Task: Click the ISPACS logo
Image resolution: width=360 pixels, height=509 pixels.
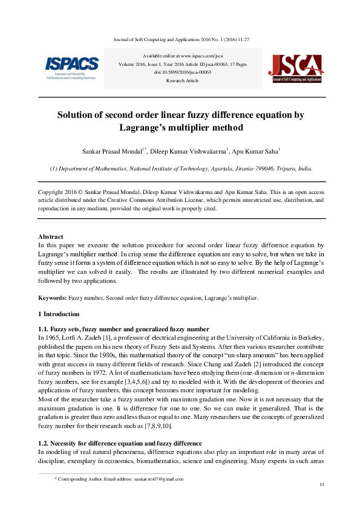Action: coord(71,67)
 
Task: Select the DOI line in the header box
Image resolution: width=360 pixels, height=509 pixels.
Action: coord(182,72)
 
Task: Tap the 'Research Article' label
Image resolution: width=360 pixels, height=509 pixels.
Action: coord(182,80)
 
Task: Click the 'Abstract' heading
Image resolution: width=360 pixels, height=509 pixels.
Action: coord(51,236)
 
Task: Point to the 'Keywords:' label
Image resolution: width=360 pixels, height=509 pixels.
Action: coord(52,299)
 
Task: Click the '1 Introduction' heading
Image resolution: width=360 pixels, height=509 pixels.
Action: coord(59,314)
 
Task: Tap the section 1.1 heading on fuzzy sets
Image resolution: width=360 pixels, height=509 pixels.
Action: coord(123,328)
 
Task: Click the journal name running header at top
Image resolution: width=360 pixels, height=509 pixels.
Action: coord(182,39)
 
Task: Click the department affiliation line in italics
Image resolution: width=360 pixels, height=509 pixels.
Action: coord(182,169)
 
